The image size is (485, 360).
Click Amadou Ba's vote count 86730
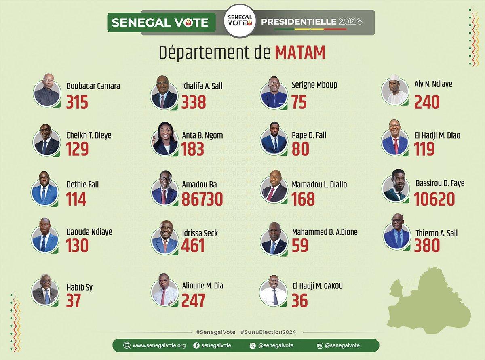[x=202, y=199]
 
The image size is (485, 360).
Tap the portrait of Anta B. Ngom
[x=164, y=139]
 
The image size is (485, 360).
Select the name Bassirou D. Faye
[x=440, y=183]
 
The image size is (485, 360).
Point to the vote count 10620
[x=434, y=199]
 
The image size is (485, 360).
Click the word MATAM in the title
[x=300, y=53]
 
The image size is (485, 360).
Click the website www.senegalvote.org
[x=159, y=345]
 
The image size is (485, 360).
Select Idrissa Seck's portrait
[x=164, y=237]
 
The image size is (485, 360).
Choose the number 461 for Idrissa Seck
[x=193, y=246]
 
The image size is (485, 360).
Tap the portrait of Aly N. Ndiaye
[x=394, y=90]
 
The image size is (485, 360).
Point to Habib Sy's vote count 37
[x=74, y=300]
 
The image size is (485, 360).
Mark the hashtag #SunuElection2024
[x=268, y=332]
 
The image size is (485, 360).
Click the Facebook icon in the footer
[x=196, y=345]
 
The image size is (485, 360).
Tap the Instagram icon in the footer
[x=319, y=345]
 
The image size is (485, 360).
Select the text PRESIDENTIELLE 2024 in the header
[x=311, y=22]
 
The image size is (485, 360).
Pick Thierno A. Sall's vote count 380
[x=427, y=246]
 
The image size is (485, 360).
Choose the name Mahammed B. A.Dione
[x=325, y=232]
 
